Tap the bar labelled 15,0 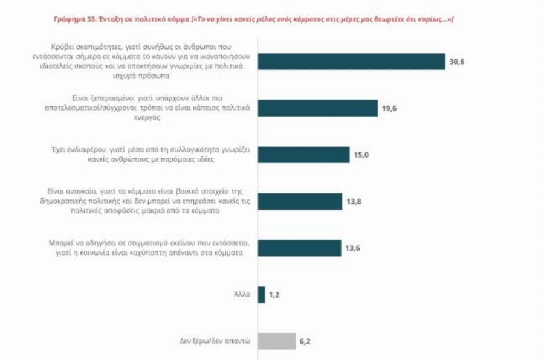pyautogui.click(x=303, y=155)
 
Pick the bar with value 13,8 pyautogui.click(x=300, y=201)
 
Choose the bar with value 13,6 pyautogui.click(x=299, y=248)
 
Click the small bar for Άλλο pyautogui.click(x=262, y=295)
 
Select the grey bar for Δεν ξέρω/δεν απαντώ pyautogui.click(x=277, y=341)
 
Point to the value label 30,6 pyautogui.click(x=458, y=62)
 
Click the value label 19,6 pyautogui.click(x=390, y=109)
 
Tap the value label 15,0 pyautogui.click(x=361, y=155)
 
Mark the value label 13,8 pyautogui.click(x=354, y=202)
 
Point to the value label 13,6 pyautogui.click(x=354, y=248)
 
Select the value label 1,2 pyautogui.click(x=276, y=295)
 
